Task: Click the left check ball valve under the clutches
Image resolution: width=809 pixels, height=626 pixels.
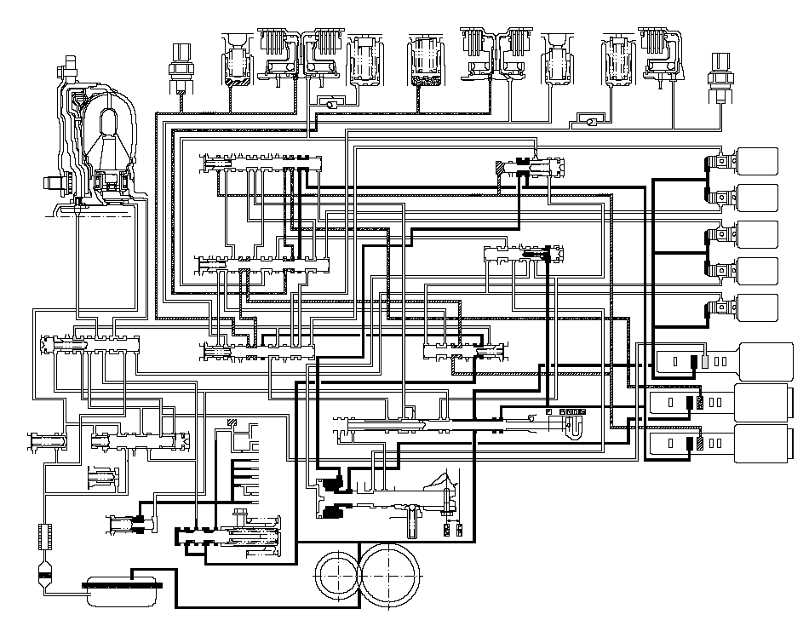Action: [326, 102]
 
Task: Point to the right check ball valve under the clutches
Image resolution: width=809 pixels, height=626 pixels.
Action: [588, 121]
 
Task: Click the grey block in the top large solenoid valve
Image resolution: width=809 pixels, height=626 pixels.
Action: [705, 360]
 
